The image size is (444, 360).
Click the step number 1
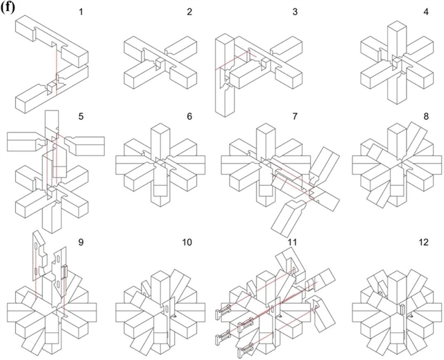point(81,12)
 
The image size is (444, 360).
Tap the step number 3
point(295,12)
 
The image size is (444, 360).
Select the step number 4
point(426,12)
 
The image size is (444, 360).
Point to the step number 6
point(189,117)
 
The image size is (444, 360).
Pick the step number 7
point(295,117)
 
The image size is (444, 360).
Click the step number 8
point(426,117)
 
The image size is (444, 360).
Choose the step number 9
point(81,242)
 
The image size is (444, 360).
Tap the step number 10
point(187,242)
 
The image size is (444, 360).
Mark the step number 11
point(292,242)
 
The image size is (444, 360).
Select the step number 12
point(424,242)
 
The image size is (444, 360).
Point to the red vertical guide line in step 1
point(56,72)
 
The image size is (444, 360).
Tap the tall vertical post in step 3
point(225,75)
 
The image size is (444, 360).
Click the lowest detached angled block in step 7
point(287,218)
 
